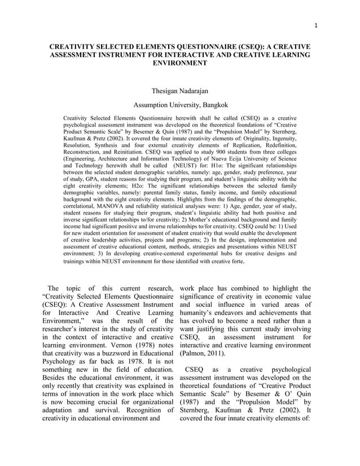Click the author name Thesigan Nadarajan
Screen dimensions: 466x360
coord(180,90)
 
